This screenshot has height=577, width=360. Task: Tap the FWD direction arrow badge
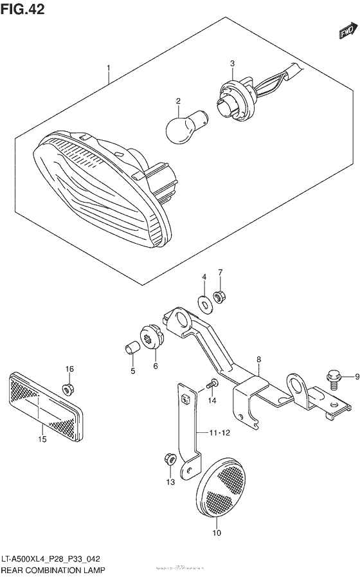348,32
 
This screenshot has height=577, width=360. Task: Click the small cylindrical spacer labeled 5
131,348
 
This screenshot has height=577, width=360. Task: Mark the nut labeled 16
69,389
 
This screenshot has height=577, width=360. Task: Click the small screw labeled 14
212,385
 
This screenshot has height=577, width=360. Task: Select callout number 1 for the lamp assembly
109,68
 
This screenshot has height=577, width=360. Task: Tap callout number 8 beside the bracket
258,360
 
